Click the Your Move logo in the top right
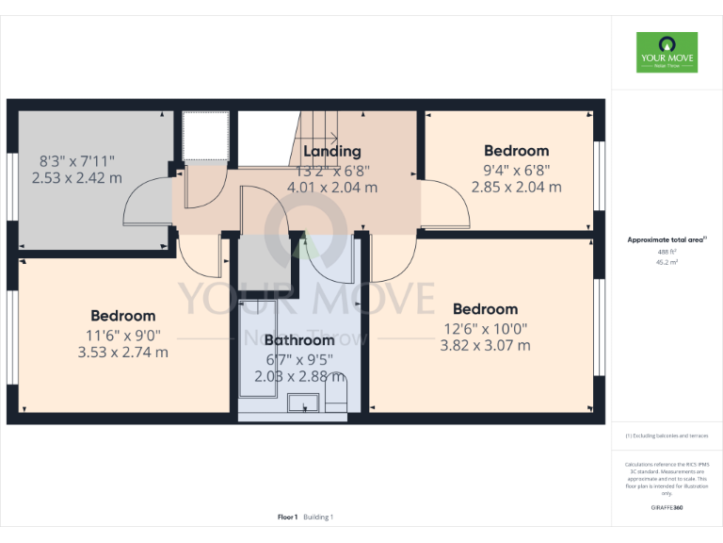point(667,53)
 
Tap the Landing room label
point(331,151)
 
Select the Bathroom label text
point(298,340)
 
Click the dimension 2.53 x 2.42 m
point(77,177)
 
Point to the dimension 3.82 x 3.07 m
point(485,345)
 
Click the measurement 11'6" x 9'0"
point(122,334)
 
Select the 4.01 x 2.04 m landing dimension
point(331,188)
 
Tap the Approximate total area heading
point(667,240)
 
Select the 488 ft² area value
point(667,252)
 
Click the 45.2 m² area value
point(667,263)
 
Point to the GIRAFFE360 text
point(667,508)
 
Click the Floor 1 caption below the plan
point(288,517)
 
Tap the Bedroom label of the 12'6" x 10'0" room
point(485,309)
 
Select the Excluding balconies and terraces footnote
point(667,436)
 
